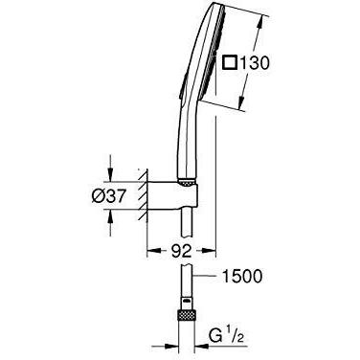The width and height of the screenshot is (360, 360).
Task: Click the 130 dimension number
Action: tap(255, 63)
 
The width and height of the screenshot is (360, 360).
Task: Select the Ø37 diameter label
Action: tap(107, 195)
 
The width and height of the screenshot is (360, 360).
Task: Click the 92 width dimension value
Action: tap(181, 251)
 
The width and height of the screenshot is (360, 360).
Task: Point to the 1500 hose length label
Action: tap(241, 276)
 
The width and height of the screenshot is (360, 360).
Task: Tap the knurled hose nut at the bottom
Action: tap(186, 315)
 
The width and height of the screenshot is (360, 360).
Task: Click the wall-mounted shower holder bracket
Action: tap(173, 195)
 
